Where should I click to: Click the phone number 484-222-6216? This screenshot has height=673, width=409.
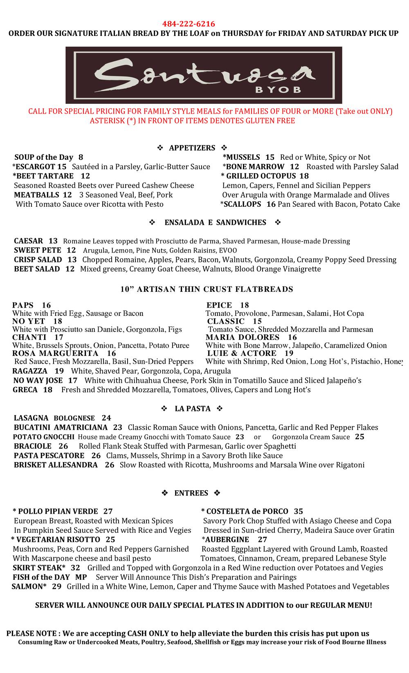[189, 24]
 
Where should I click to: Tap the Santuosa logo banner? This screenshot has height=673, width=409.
[204, 75]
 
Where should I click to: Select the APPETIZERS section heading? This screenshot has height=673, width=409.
[192, 148]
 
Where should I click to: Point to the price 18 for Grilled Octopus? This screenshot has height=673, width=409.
[304, 176]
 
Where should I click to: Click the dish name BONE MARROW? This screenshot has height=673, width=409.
[255, 167]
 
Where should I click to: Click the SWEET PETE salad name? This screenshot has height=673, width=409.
[38, 250]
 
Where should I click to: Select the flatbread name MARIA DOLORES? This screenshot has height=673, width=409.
[243, 338]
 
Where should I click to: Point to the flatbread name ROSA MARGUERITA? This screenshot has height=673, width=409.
[55, 353]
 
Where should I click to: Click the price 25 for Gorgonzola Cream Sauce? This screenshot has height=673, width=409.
[360, 437]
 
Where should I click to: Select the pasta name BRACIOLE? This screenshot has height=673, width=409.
[33, 446]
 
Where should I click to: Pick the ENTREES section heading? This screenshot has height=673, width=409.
[191, 493]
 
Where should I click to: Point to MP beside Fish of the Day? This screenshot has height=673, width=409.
[81, 577]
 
